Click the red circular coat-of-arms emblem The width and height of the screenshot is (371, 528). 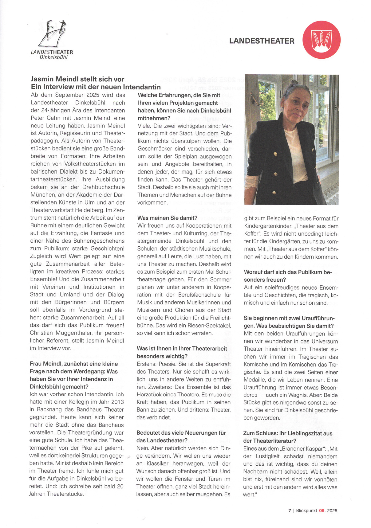tap(321, 40)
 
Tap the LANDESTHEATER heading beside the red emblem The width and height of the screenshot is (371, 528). tap(262, 41)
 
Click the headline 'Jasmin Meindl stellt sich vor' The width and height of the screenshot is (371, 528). tap(77, 79)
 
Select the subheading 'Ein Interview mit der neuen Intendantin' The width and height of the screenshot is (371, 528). tap(96, 87)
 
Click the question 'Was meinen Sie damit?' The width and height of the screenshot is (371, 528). tap(167, 218)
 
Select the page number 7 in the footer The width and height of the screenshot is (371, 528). tap(290, 510)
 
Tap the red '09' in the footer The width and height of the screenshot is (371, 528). tap(322, 510)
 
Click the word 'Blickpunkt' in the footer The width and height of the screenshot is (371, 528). tap(306, 510)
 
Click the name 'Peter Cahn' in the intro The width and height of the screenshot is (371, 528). tap(44, 118)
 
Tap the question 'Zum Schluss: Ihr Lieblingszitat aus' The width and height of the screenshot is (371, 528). tap(288, 433)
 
